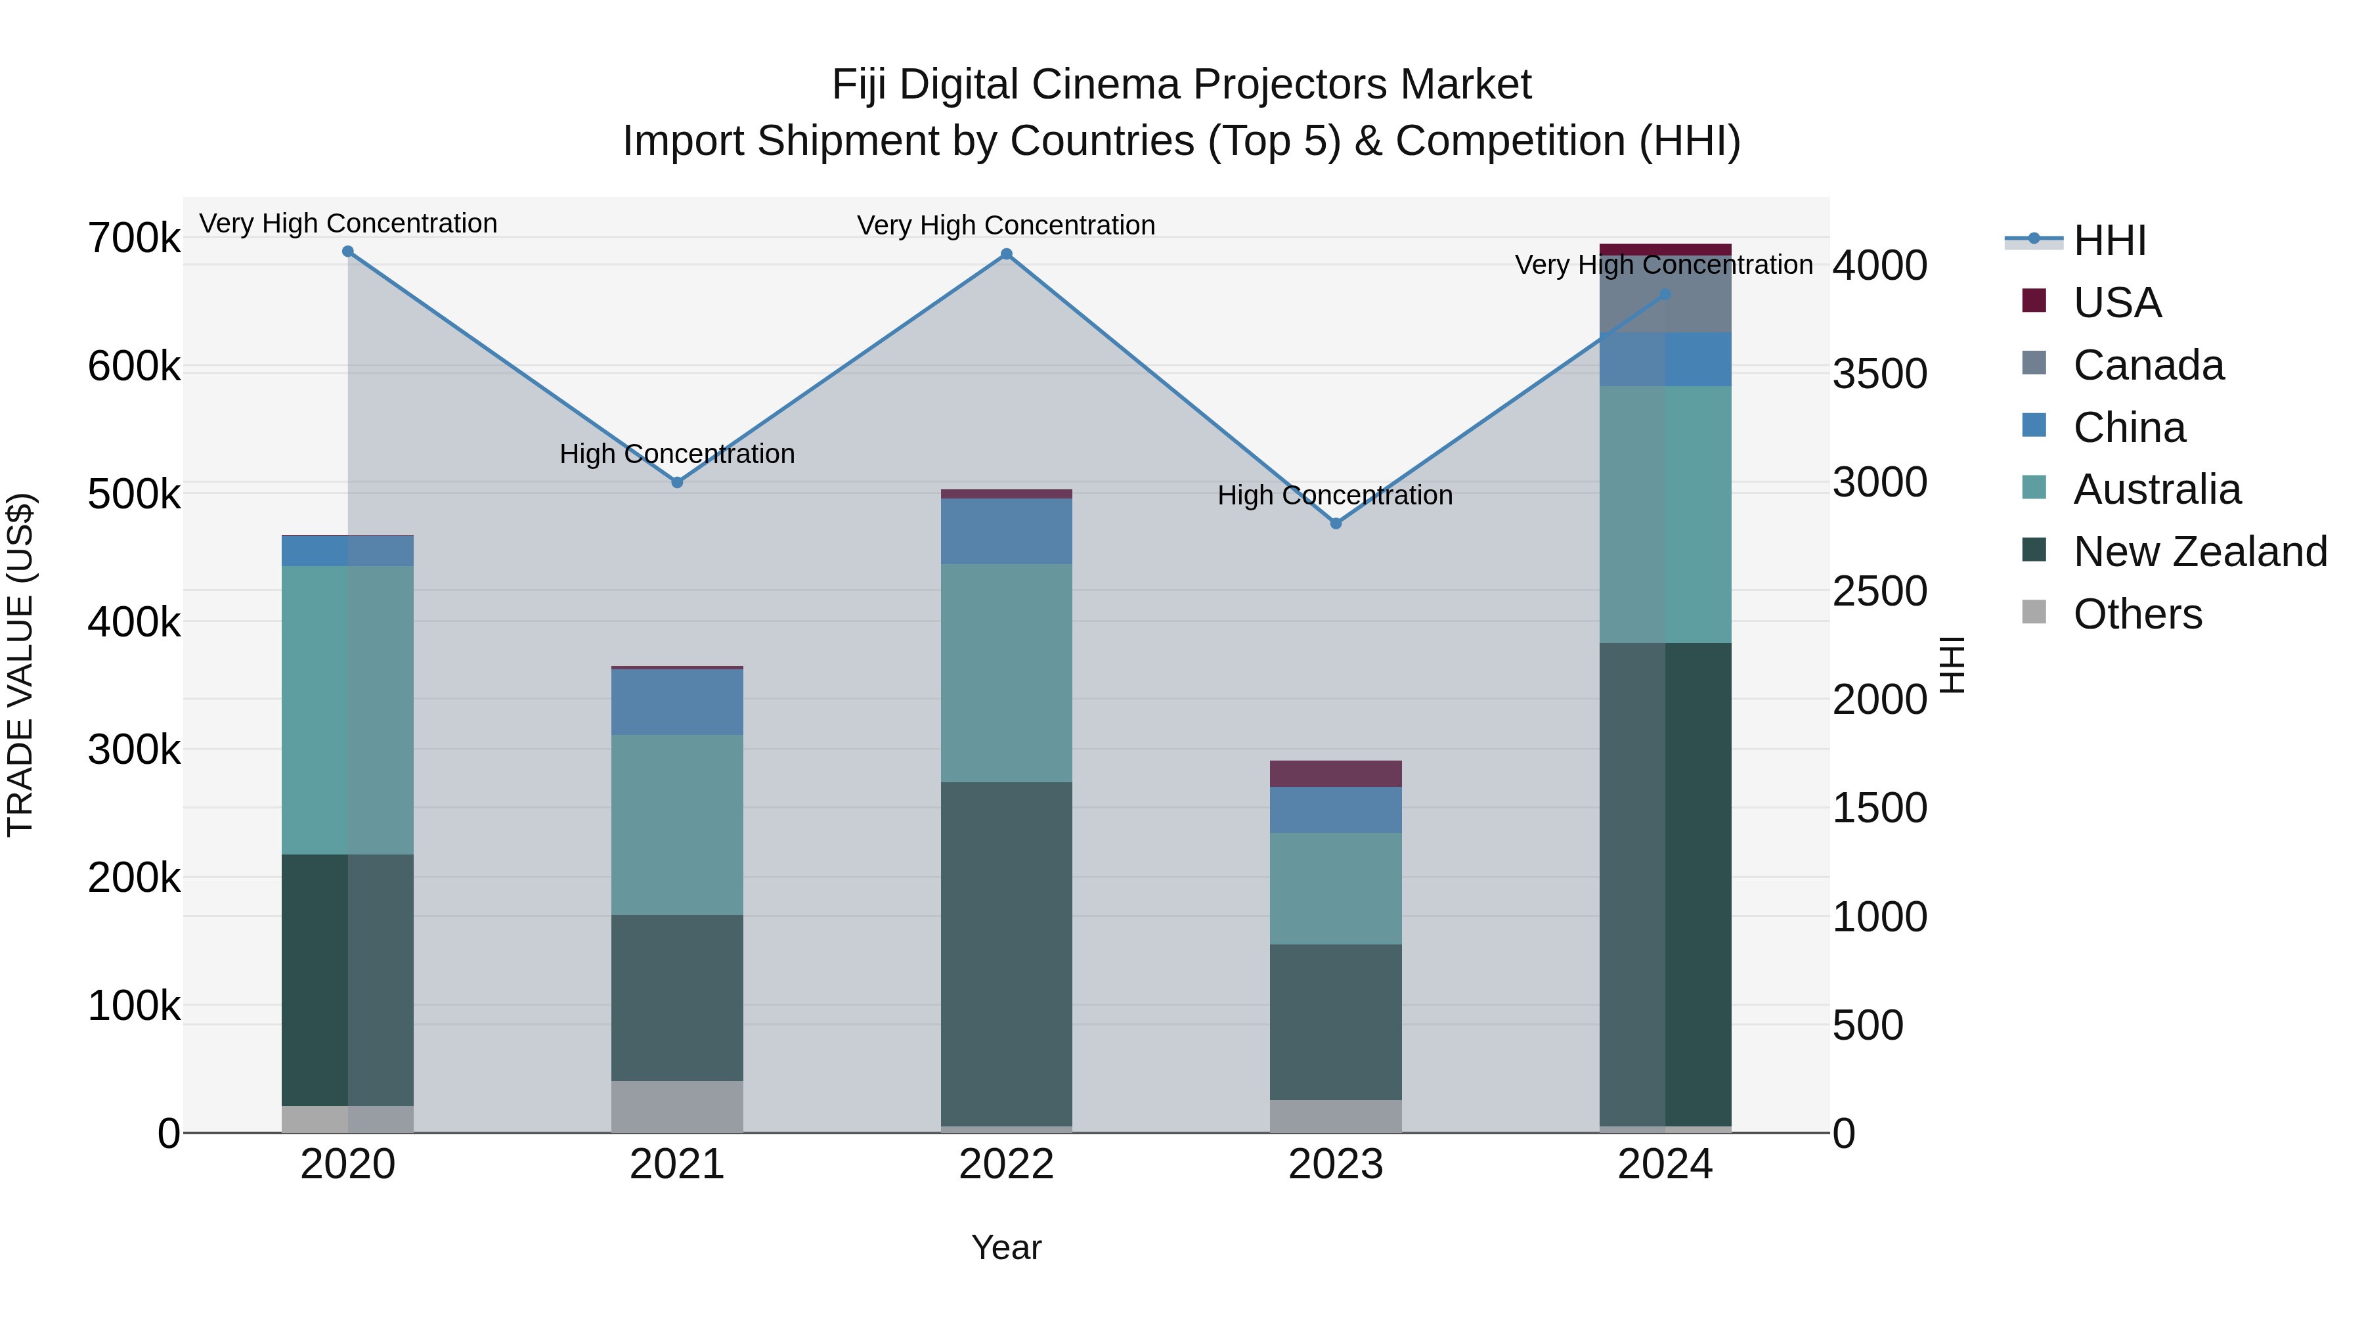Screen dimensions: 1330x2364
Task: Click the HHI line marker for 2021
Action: [x=677, y=482]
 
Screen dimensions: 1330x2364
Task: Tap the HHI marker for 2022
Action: [x=1007, y=254]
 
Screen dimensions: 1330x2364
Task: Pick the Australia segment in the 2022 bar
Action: [x=1007, y=673]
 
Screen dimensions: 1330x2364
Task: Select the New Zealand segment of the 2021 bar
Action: [x=677, y=998]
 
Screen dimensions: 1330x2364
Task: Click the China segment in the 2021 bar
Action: [x=677, y=702]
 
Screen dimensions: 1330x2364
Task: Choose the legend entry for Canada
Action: [x=2147, y=365]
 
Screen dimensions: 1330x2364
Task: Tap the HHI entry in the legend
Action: [x=2109, y=240]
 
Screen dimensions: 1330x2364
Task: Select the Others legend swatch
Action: [x=2034, y=612]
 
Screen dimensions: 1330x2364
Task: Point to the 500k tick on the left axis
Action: [x=134, y=495]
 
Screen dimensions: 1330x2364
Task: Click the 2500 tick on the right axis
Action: [x=1879, y=591]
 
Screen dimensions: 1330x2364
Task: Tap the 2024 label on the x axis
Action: [x=1665, y=1164]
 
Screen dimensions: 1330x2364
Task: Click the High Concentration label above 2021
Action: [x=677, y=453]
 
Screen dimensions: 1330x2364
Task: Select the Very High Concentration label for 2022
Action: [x=1006, y=225]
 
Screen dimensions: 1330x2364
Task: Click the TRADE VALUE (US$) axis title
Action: [x=20, y=665]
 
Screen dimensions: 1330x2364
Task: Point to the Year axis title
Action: [x=1006, y=1247]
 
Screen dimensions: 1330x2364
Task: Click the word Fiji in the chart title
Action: [x=860, y=85]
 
